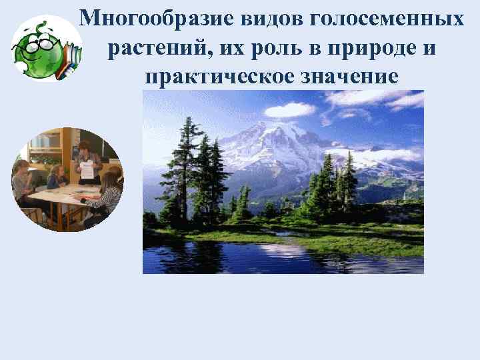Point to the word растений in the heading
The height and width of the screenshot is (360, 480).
pos(147,49)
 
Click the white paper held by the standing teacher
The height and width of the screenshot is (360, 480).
pos(87,169)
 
